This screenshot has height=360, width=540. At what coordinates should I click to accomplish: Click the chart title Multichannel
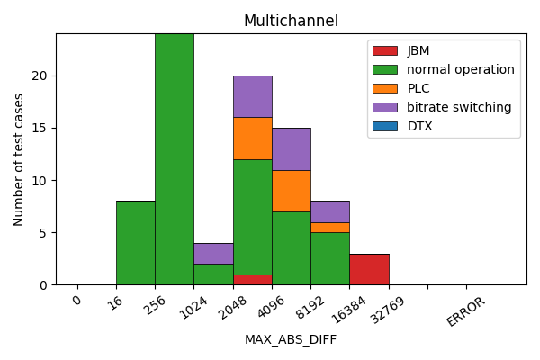[291, 21]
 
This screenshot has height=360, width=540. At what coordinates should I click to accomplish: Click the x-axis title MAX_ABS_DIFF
[291, 339]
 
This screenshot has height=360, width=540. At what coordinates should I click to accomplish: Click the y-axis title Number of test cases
[19, 159]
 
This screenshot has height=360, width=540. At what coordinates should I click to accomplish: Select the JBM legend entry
[417, 50]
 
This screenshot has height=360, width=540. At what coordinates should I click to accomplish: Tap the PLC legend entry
[419, 88]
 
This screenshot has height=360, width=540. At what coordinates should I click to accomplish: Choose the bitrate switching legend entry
[459, 107]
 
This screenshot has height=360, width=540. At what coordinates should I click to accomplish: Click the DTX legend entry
[419, 126]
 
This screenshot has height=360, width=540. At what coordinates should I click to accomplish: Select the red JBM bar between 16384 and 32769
[369, 269]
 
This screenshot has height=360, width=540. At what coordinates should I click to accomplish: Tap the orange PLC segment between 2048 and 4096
[253, 139]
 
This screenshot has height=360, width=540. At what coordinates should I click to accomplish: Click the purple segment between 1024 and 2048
[213, 253]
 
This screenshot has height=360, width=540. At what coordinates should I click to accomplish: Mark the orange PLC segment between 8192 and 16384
[330, 227]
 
